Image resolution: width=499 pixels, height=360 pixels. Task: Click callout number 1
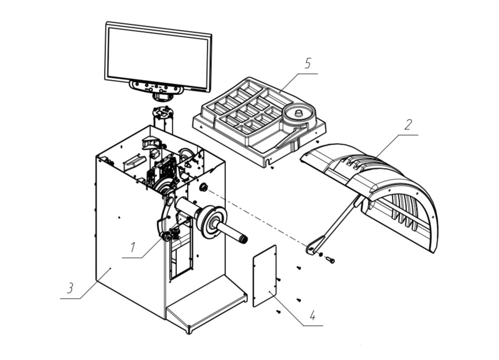132,247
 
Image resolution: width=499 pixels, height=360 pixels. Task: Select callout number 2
408,125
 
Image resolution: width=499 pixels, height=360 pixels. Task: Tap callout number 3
70,288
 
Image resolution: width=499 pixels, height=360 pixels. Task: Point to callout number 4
313,316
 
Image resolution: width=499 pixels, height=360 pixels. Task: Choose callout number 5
307,63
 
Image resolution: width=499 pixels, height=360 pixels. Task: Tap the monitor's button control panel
156,87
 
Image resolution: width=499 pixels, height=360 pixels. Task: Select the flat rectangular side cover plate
265,276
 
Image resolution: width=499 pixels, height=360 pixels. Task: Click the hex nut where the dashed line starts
202,188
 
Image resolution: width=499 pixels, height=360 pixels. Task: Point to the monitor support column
164,120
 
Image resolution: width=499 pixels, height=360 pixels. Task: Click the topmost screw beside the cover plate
298,268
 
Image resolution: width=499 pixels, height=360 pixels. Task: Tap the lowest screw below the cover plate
278,312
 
